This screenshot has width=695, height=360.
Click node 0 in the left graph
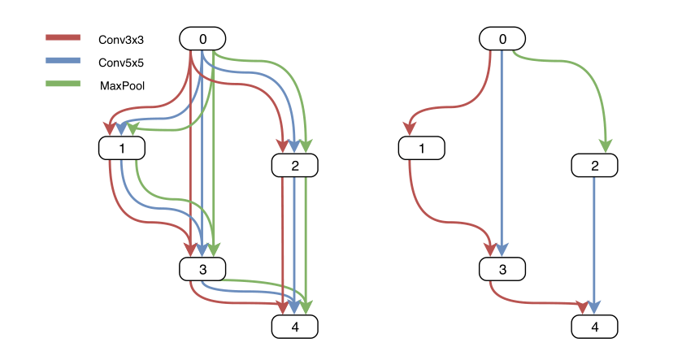pyautogui.click(x=202, y=39)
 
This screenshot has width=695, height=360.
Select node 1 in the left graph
pyautogui.click(x=121, y=149)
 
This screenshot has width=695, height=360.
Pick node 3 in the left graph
pyautogui.click(x=202, y=269)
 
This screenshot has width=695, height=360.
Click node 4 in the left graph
pyautogui.click(x=294, y=327)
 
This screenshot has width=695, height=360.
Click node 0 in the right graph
pyautogui.click(x=502, y=39)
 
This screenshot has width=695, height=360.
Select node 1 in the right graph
pyautogui.click(x=422, y=149)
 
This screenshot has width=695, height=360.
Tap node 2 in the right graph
pyautogui.click(x=595, y=166)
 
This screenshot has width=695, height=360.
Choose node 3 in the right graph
pyautogui.click(x=502, y=269)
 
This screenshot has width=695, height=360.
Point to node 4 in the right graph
pyautogui.click(x=595, y=327)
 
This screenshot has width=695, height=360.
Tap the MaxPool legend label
pyautogui.click(x=122, y=85)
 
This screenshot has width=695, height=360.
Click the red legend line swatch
pyautogui.click(x=63, y=37)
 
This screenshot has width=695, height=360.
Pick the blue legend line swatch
pyautogui.click(x=63, y=60)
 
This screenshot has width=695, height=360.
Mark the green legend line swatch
pyautogui.click(x=63, y=83)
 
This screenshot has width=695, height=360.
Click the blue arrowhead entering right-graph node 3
pyautogui.click(x=503, y=249)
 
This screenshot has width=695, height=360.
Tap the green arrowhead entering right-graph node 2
pyautogui.click(x=606, y=145)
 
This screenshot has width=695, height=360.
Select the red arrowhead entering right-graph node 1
pyautogui.click(x=410, y=128)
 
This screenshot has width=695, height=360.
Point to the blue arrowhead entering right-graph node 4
pyautogui.click(x=595, y=307)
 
